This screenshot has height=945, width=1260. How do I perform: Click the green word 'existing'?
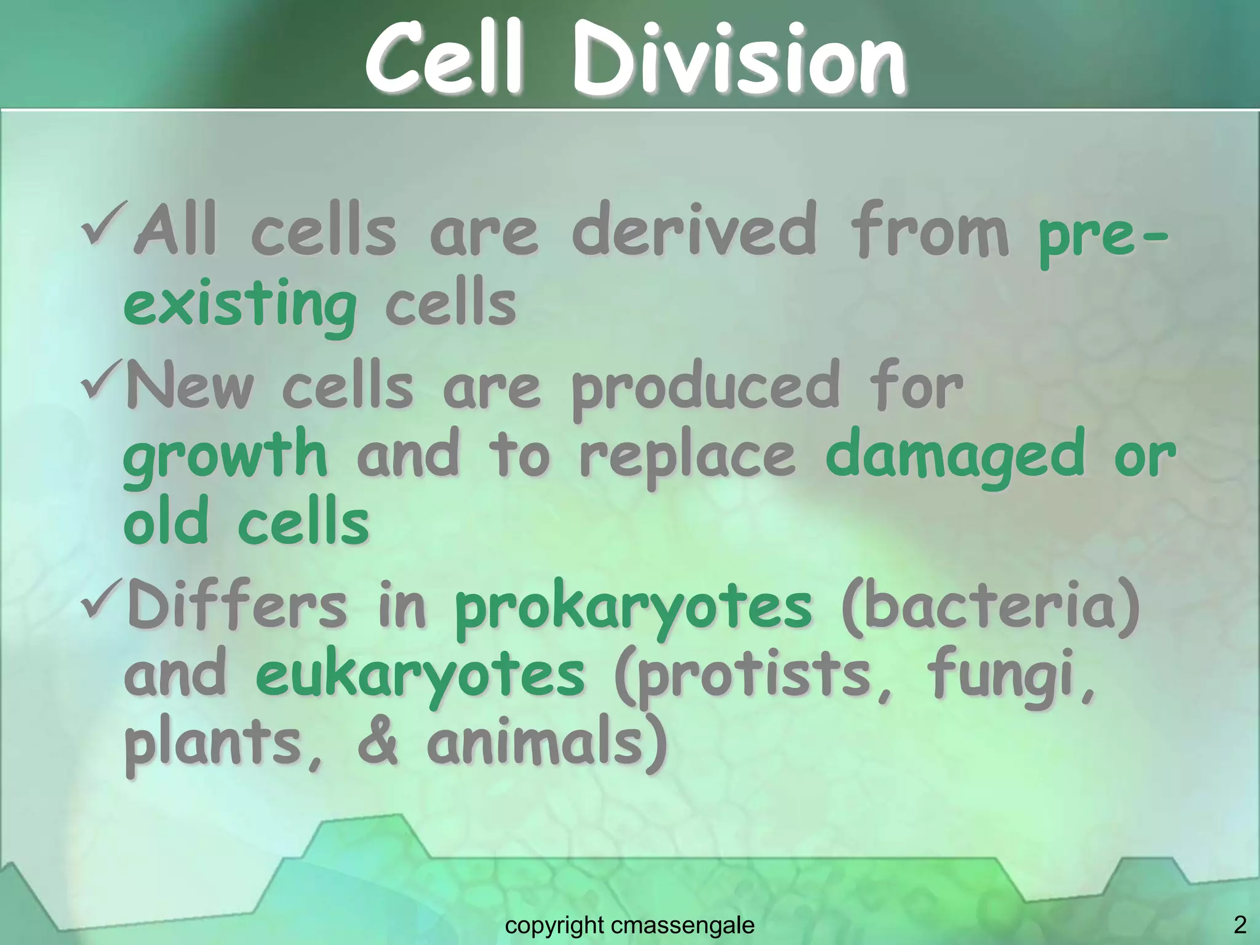(x=240, y=305)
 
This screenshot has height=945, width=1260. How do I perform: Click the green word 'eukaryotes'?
(x=420, y=676)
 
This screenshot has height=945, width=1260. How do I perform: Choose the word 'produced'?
(x=706, y=388)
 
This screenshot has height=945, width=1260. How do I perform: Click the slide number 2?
(x=1240, y=925)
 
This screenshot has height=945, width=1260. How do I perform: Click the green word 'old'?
(x=165, y=523)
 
